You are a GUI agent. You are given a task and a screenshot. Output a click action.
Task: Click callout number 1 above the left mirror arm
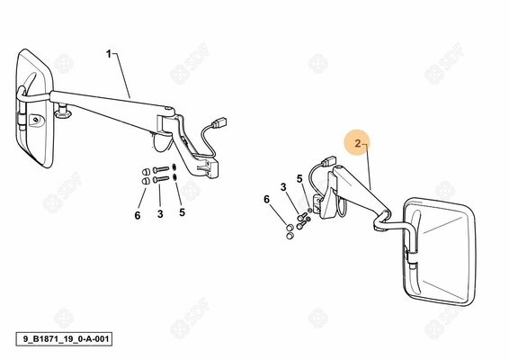[x=109, y=54]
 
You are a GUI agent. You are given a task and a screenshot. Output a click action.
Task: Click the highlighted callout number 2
[x=357, y=143]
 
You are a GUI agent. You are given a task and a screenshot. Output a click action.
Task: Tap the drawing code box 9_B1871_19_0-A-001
[x=64, y=339]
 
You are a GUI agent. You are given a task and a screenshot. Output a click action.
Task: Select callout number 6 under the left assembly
[x=138, y=215]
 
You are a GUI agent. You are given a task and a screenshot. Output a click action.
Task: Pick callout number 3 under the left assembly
[x=160, y=214]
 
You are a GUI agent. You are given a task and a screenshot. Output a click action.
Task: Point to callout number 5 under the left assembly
[x=183, y=212]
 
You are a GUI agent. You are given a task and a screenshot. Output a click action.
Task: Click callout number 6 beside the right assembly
[x=266, y=199]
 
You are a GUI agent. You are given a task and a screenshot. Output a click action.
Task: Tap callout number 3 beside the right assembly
[x=283, y=187]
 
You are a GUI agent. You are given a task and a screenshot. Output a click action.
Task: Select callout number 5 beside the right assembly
[x=299, y=179]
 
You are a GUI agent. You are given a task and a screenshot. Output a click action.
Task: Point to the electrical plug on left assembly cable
[x=219, y=122]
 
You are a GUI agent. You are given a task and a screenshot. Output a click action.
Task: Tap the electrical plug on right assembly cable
[x=328, y=161]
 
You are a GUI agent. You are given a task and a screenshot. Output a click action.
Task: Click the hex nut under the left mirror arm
[x=62, y=114]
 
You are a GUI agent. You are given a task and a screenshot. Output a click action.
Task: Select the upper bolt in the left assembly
[x=161, y=169]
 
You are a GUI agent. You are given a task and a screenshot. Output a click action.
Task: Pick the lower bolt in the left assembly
[x=161, y=179]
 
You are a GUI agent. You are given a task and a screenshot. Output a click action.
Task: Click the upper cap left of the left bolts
[x=146, y=171]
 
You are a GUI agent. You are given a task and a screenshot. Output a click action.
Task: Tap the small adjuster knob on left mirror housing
[x=35, y=120]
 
